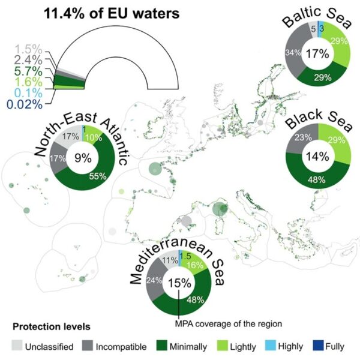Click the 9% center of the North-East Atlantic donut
coord(83,158)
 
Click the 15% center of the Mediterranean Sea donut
coord(179,283)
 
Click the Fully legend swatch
coord(319,347)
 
